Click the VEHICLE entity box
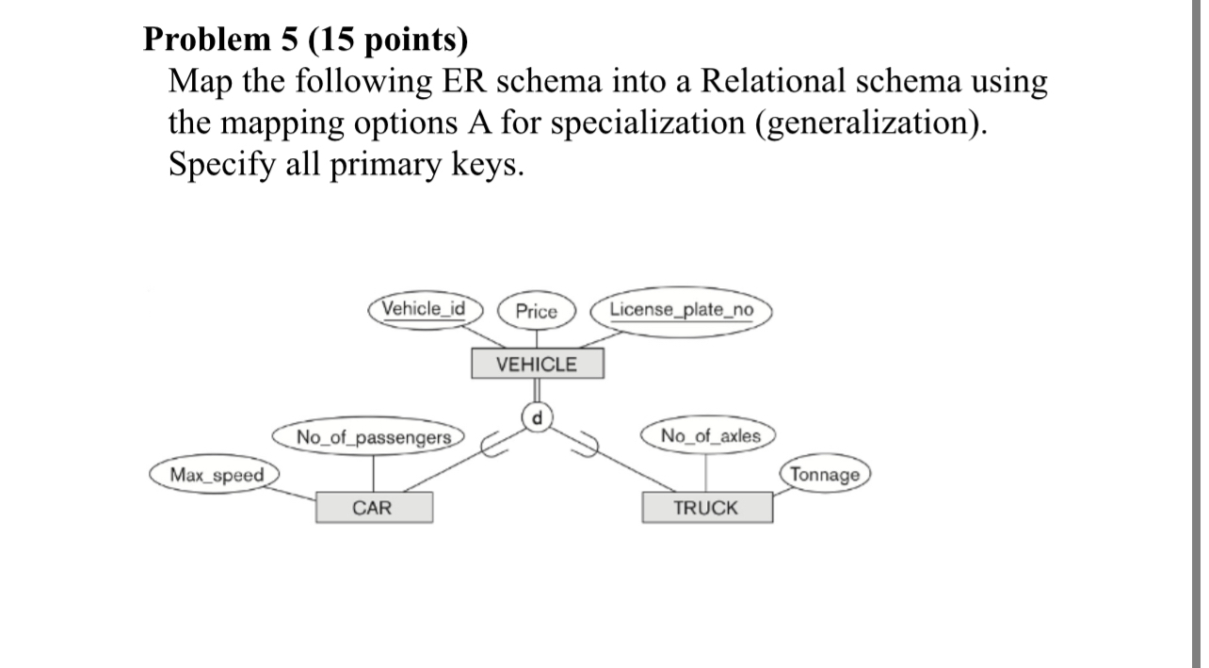[537, 365]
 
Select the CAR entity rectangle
[374, 508]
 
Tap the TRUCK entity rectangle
[706, 508]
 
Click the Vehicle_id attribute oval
[425, 309]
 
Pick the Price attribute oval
[537, 312]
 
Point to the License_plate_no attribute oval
[681, 310]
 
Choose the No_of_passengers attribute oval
[374, 437]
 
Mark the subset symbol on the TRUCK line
[588, 447]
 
